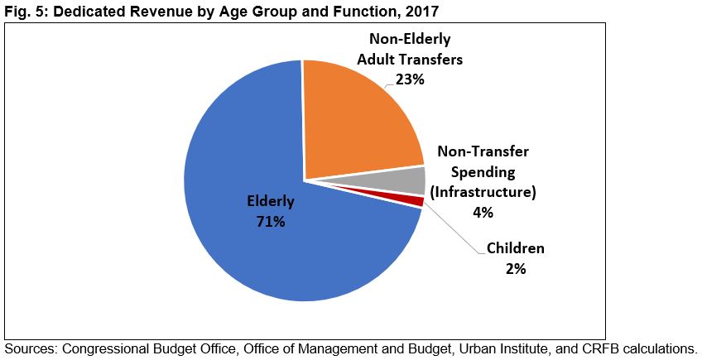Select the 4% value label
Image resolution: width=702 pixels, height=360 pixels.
tap(483, 212)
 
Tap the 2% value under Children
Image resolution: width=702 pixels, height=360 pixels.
tap(515, 268)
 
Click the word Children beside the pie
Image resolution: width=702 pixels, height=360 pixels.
tap(515, 248)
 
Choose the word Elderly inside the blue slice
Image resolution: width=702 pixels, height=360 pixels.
tap(270, 201)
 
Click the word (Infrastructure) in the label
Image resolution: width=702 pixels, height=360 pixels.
tap(483, 192)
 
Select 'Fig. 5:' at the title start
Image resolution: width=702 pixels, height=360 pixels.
tap(23, 11)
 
